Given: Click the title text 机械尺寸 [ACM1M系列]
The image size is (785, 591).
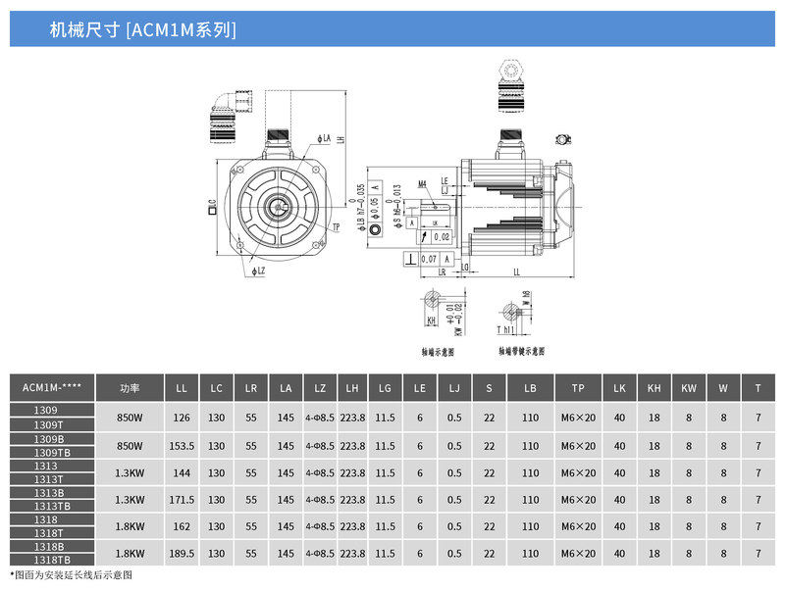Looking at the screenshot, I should pos(142,29).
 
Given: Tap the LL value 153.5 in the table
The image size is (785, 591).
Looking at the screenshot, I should pos(182,446).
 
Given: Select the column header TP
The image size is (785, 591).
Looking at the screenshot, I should pos(578,388).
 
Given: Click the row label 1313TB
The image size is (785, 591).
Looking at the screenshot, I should pos(52,506).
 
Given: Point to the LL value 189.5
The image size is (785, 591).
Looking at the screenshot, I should pos(182,553).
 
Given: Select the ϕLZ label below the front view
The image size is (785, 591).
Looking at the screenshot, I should pos(258,271).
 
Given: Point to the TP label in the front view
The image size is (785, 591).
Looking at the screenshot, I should pos(337,227).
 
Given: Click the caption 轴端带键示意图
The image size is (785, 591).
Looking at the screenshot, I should pos(521,350).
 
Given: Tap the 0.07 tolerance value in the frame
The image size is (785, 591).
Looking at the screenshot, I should pos(429,258).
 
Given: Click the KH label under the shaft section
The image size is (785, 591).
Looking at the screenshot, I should pos(431,320).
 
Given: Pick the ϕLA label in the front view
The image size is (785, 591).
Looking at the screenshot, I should pos(324,139).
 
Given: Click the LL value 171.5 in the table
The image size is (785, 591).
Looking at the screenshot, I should pos(182,499).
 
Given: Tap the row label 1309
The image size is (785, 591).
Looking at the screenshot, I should pos(46,410).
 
